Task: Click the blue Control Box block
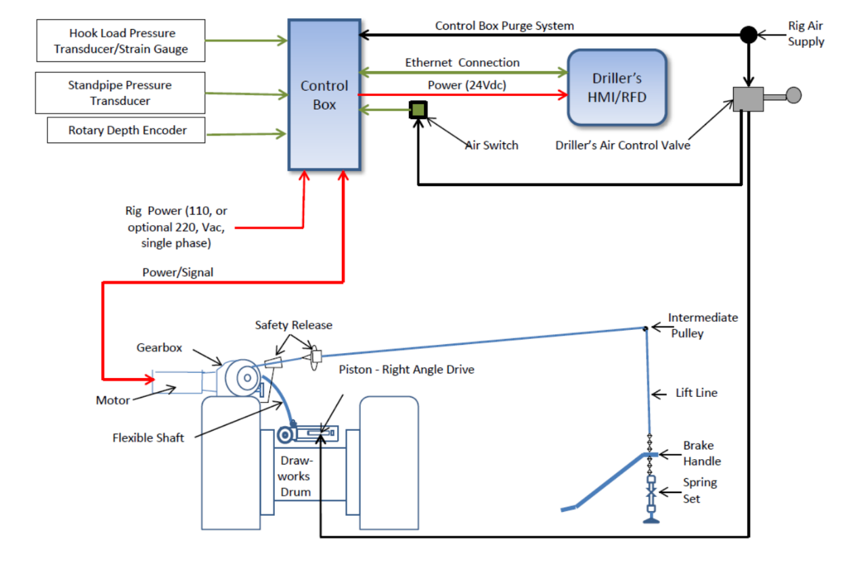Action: click(x=324, y=95)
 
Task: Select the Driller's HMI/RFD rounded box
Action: click(x=617, y=87)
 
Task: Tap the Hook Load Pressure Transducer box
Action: click(x=121, y=41)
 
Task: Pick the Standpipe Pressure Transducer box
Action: click(x=120, y=93)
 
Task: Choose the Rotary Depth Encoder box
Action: click(x=127, y=130)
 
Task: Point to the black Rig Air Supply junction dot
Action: click(x=748, y=34)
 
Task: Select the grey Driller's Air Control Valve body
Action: click(x=748, y=99)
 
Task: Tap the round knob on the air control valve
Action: click(x=793, y=95)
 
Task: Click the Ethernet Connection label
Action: click(x=462, y=63)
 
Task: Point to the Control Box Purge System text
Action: click(x=504, y=26)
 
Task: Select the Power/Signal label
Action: click(x=177, y=273)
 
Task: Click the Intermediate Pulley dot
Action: click(x=646, y=329)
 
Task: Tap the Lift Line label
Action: click(x=697, y=393)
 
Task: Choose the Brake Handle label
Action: click(x=701, y=454)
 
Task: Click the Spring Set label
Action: click(x=699, y=491)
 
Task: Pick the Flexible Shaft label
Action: click(x=148, y=438)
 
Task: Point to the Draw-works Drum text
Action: click(x=296, y=476)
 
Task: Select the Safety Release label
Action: click(x=294, y=325)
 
